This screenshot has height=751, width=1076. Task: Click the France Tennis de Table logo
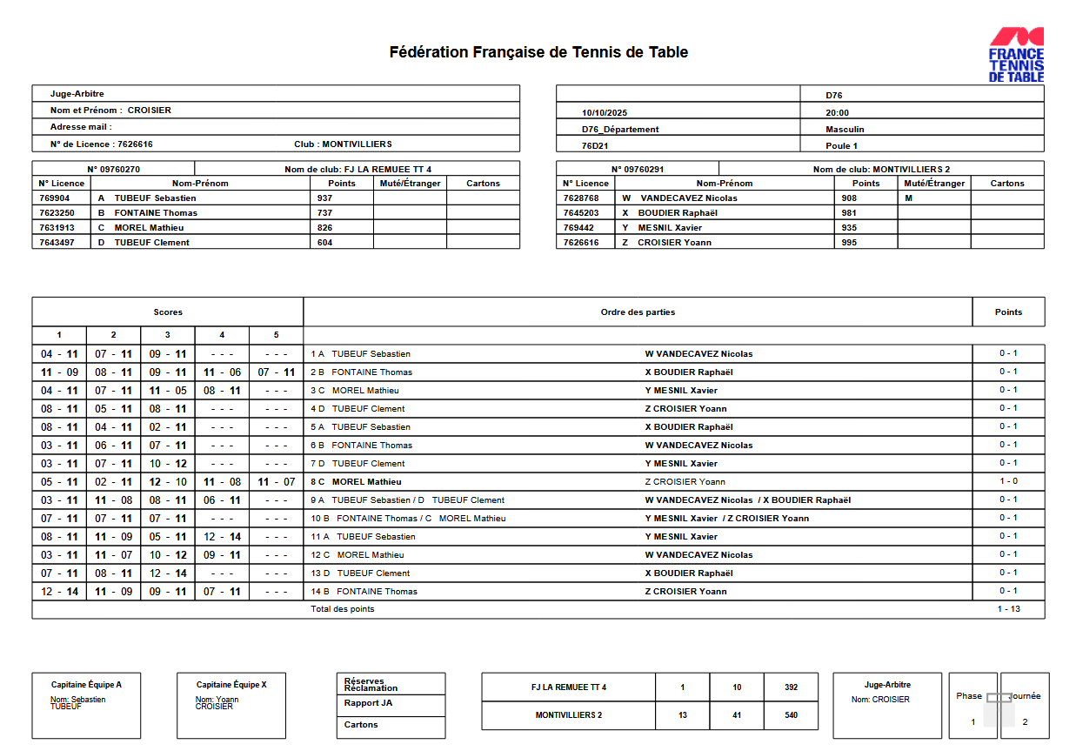[x=1016, y=54]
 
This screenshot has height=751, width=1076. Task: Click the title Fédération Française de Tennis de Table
[x=538, y=52]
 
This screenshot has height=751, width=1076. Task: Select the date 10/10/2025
[x=604, y=113]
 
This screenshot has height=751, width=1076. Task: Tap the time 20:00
[x=837, y=113]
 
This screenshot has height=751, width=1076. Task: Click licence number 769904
[x=57, y=198]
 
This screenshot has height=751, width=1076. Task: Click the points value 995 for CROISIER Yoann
[x=849, y=243]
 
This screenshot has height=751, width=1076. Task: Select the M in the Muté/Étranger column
[x=909, y=198]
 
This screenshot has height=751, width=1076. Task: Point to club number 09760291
[x=637, y=170]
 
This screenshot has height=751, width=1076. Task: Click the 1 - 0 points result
[x=1008, y=481]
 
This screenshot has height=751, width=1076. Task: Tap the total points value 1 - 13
[x=1008, y=609]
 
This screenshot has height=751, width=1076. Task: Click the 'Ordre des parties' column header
[x=638, y=312]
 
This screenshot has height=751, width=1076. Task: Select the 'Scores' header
[x=168, y=312]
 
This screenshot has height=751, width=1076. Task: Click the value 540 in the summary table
[x=791, y=715]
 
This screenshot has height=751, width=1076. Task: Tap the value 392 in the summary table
[x=791, y=687]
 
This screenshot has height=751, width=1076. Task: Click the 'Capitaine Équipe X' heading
[x=231, y=685]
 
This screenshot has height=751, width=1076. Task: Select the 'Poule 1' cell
[x=841, y=146]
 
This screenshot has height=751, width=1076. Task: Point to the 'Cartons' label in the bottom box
[x=361, y=725]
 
